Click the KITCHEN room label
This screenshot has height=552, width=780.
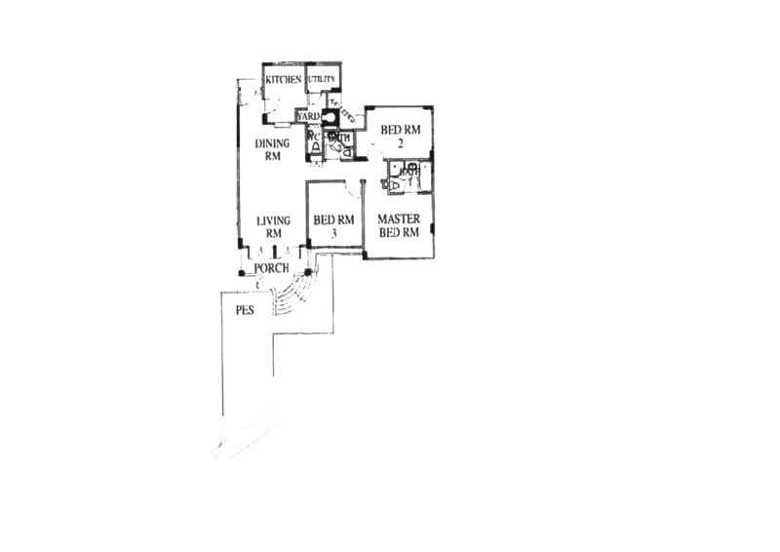(285, 79)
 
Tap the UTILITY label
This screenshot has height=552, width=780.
(325, 79)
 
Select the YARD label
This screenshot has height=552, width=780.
(311, 117)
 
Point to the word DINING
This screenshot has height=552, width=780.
(274, 143)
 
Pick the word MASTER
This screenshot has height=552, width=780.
(399, 218)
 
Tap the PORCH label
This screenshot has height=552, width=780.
(271, 267)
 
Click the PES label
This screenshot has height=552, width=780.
(247, 312)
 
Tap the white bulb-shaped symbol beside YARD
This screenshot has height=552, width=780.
(331, 117)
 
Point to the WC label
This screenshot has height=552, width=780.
(314, 138)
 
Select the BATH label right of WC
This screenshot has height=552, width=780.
(339, 138)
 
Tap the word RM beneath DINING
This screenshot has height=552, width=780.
(273, 156)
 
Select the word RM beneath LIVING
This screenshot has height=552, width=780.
(273, 234)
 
